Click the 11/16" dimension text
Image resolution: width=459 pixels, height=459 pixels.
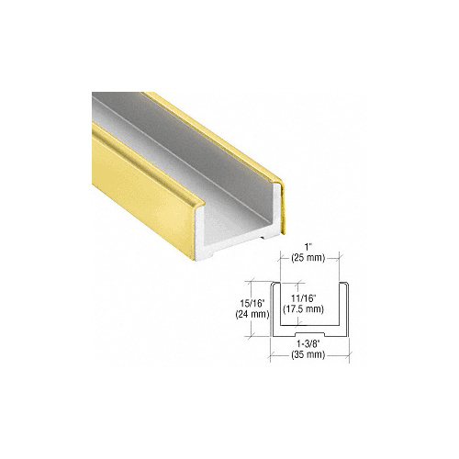click(x=308, y=297)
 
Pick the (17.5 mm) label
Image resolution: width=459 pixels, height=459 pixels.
click(x=308, y=308)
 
